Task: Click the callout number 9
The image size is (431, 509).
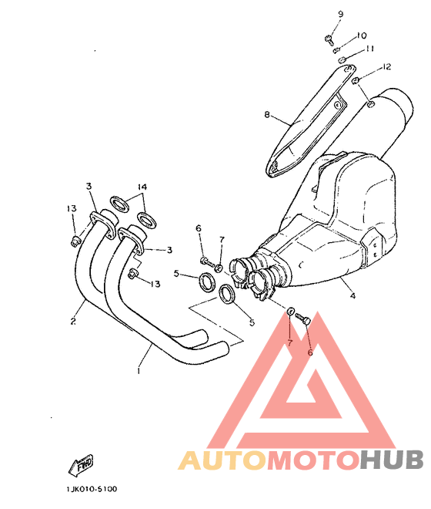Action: click(x=340, y=14)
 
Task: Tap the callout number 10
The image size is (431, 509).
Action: click(x=361, y=35)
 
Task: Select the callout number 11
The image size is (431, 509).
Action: click(x=369, y=49)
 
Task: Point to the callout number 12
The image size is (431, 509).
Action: click(x=386, y=67)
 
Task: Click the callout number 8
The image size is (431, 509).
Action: click(x=267, y=115)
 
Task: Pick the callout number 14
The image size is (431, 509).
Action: click(x=142, y=187)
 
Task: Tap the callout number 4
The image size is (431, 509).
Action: click(x=353, y=295)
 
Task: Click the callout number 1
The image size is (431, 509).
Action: click(x=139, y=370)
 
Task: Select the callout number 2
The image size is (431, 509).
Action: click(x=73, y=322)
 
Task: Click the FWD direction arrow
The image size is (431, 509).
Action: click(x=81, y=465)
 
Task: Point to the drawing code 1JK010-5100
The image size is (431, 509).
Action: click(x=92, y=489)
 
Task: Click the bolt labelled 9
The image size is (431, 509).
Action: click(x=329, y=39)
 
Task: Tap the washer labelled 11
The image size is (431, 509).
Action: click(x=342, y=60)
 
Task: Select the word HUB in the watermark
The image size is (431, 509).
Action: click(x=392, y=460)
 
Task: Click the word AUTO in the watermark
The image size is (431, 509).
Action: click(x=222, y=460)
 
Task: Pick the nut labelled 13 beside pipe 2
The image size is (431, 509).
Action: click(x=75, y=241)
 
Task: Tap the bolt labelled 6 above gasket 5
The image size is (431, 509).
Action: click(x=206, y=261)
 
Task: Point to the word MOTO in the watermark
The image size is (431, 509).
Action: click(x=313, y=460)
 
